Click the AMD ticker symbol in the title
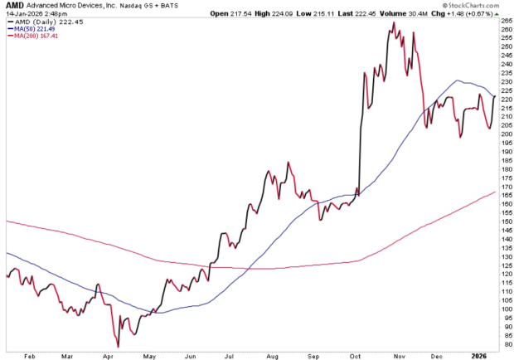(12, 6)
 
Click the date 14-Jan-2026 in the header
(22, 14)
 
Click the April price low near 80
(119, 346)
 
